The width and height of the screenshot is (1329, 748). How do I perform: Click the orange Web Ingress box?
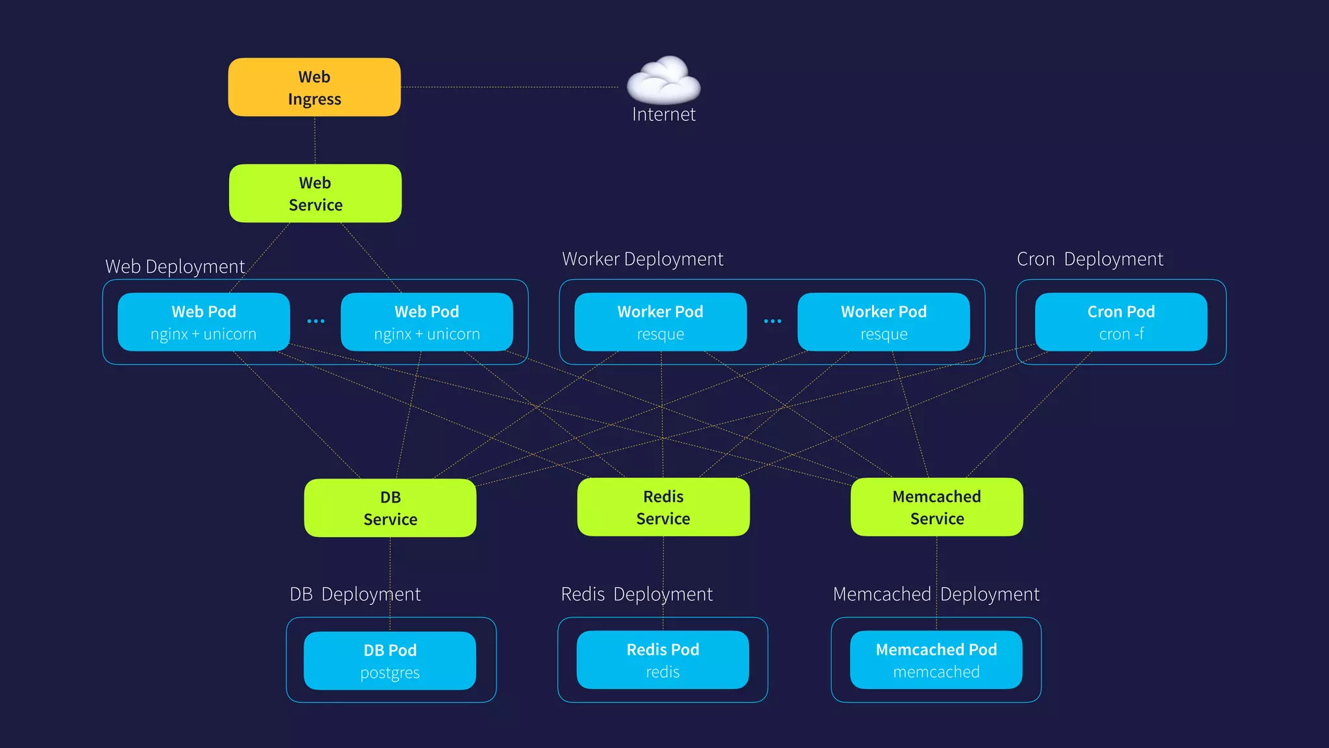click(x=314, y=87)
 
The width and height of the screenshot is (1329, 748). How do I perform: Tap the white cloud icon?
click(x=663, y=81)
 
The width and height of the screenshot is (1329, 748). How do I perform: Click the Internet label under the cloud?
click(x=663, y=115)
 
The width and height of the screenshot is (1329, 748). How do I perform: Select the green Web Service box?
click(x=315, y=193)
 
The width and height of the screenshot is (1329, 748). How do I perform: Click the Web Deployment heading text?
click(x=175, y=267)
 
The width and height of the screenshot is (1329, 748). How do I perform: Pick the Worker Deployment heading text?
click(x=642, y=259)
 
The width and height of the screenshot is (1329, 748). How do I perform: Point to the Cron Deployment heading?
click(x=1090, y=259)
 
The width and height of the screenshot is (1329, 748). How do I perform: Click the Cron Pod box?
click(x=1121, y=322)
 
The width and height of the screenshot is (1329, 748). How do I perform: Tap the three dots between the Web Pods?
click(x=315, y=321)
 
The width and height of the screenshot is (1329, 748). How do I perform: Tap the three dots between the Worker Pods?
click(x=772, y=321)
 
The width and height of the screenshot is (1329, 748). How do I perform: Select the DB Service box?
click(x=390, y=508)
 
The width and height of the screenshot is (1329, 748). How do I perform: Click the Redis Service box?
click(x=663, y=507)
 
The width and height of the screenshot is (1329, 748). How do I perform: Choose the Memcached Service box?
click(x=936, y=507)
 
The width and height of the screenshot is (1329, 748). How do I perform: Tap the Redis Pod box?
click(x=663, y=660)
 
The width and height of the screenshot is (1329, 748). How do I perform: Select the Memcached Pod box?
click(x=936, y=660)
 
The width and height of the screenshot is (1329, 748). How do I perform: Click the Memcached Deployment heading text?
click(x=936, y=594)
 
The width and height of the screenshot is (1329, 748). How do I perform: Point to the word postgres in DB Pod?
click(x=390, y=673)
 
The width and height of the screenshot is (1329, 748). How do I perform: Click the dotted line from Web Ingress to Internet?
click(x=509, y=87)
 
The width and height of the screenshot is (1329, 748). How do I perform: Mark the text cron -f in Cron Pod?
click(x=1121, y=334)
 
